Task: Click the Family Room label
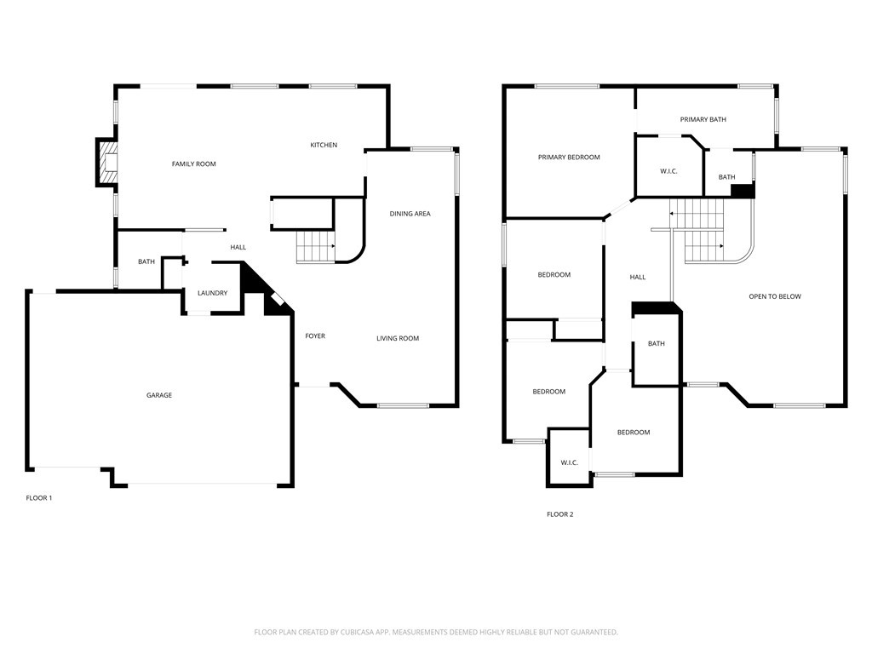[193, 164]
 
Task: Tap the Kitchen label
[324, 145]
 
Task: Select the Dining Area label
[410, 214]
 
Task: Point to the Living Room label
[398, 338]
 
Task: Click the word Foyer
[315, 336]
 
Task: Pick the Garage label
[159, 395]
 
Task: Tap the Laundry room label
[212, 293]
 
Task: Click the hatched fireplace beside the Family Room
[106, 162]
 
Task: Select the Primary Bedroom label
[569, 158]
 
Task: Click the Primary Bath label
[703, 119]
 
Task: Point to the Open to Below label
[775, 296]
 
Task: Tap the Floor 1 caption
[39, 497]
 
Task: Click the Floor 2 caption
[560, 514]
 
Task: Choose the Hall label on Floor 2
[638, 277]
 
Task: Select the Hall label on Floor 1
[238, 248]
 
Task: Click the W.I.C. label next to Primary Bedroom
[668, 171]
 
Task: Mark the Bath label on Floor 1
[146, 262]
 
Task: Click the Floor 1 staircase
[315, 247]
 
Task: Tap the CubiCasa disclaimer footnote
[436, 633]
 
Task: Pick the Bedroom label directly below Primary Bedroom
[554, 275]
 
